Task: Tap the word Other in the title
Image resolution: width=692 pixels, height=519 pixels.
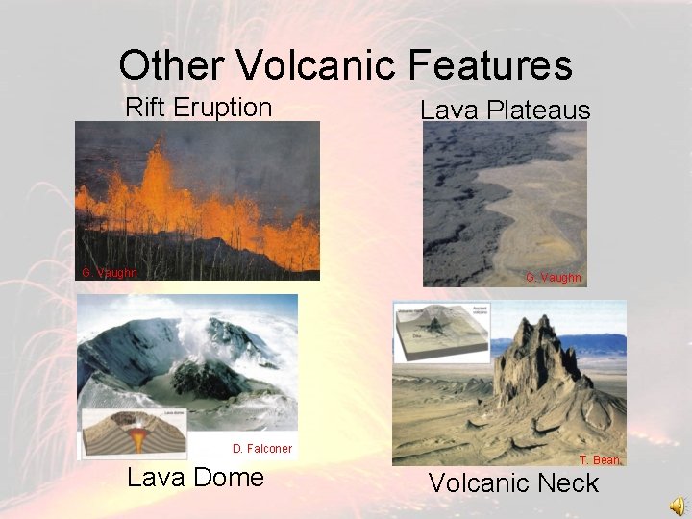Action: (x=171, y=65)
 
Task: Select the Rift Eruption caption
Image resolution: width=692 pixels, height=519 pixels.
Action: (x=198, y=107)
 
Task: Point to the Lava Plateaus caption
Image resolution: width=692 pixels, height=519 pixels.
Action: (x=505, y=111)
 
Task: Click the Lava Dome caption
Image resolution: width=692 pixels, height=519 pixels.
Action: (x=195, y=478)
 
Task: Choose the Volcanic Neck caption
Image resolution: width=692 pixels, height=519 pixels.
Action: (x=513, y=483)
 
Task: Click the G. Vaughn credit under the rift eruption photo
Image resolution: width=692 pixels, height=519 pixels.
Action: (x=110, y=273)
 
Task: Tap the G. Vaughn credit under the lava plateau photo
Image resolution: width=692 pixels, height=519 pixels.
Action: (x=553, y=278)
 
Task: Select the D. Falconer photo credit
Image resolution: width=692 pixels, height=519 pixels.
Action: (x=261, y=448)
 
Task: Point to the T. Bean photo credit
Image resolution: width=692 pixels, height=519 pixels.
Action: (x=599, y=460)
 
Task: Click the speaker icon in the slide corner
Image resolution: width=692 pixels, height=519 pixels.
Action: (x=677, y=506)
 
